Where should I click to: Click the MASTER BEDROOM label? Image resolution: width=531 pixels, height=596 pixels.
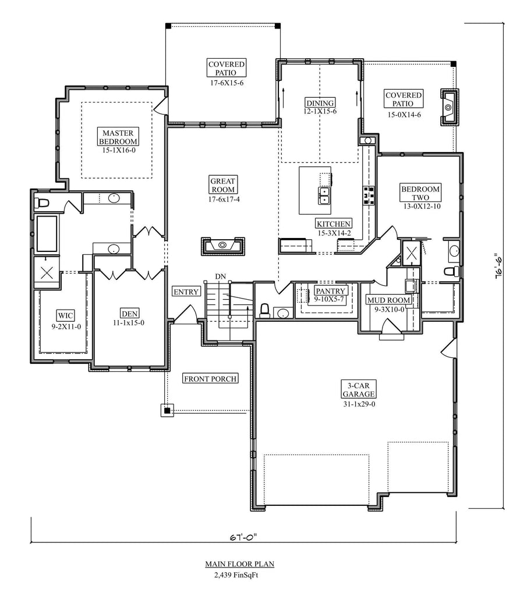pyautogui.click(x=118, y=137)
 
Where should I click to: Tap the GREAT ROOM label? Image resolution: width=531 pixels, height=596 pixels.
pyautogui.click(x=223, y=185)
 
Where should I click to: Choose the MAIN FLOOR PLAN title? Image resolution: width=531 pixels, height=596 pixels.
pyautogui.click(x=239, y=564)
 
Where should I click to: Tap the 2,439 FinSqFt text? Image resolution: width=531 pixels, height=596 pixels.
pyautogui.click(x=239, y=574)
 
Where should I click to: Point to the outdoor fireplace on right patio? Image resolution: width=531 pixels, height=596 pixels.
pyautogui.click(x=448, y=107)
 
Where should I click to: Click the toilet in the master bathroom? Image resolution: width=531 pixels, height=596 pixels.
pyautogui.click(x=43, y=203)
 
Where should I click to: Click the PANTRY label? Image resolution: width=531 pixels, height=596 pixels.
pyautogui.click(x=331, y=290)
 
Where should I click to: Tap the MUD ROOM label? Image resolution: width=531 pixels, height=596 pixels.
pyautogui.click(x=388, y=300)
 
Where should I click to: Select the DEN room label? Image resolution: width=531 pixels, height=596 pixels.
pyautogui.click(x=129, y=313)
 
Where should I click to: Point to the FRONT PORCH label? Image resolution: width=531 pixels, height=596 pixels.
pyautogui.click(x=210, y=379)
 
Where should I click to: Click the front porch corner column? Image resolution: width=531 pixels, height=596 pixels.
pyautogui.click(x=167, y=410)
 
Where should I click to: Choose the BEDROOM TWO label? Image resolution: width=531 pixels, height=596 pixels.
pyautogui.click(x=420, y=193)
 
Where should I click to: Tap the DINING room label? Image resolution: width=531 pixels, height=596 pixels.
pyautogui.click(x=320, y=103)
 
